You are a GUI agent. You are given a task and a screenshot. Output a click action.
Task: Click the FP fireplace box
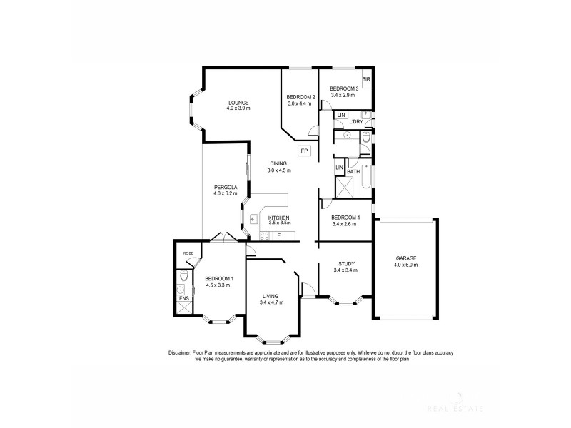click(x=303, y=151)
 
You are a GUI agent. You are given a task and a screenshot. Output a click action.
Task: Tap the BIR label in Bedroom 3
click(x=365, y=80)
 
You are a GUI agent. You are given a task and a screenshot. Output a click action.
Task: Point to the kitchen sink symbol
click(x=253, y=219)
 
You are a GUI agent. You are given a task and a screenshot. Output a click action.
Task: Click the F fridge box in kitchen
click(x=280, y=235)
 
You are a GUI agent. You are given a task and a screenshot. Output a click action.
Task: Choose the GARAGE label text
click(x=405, y=258)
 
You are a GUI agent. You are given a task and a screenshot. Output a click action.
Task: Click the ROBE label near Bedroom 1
click(x=188, y=253)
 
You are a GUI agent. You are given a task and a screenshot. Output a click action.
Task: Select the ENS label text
click(x=183, y=298)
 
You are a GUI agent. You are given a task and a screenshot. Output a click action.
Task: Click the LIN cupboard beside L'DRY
click(x=341, y=115)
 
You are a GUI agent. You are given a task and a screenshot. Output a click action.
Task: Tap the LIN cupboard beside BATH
click(x=339, y=168)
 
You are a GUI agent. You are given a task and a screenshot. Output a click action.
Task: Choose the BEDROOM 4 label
click(x=346, y=218)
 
